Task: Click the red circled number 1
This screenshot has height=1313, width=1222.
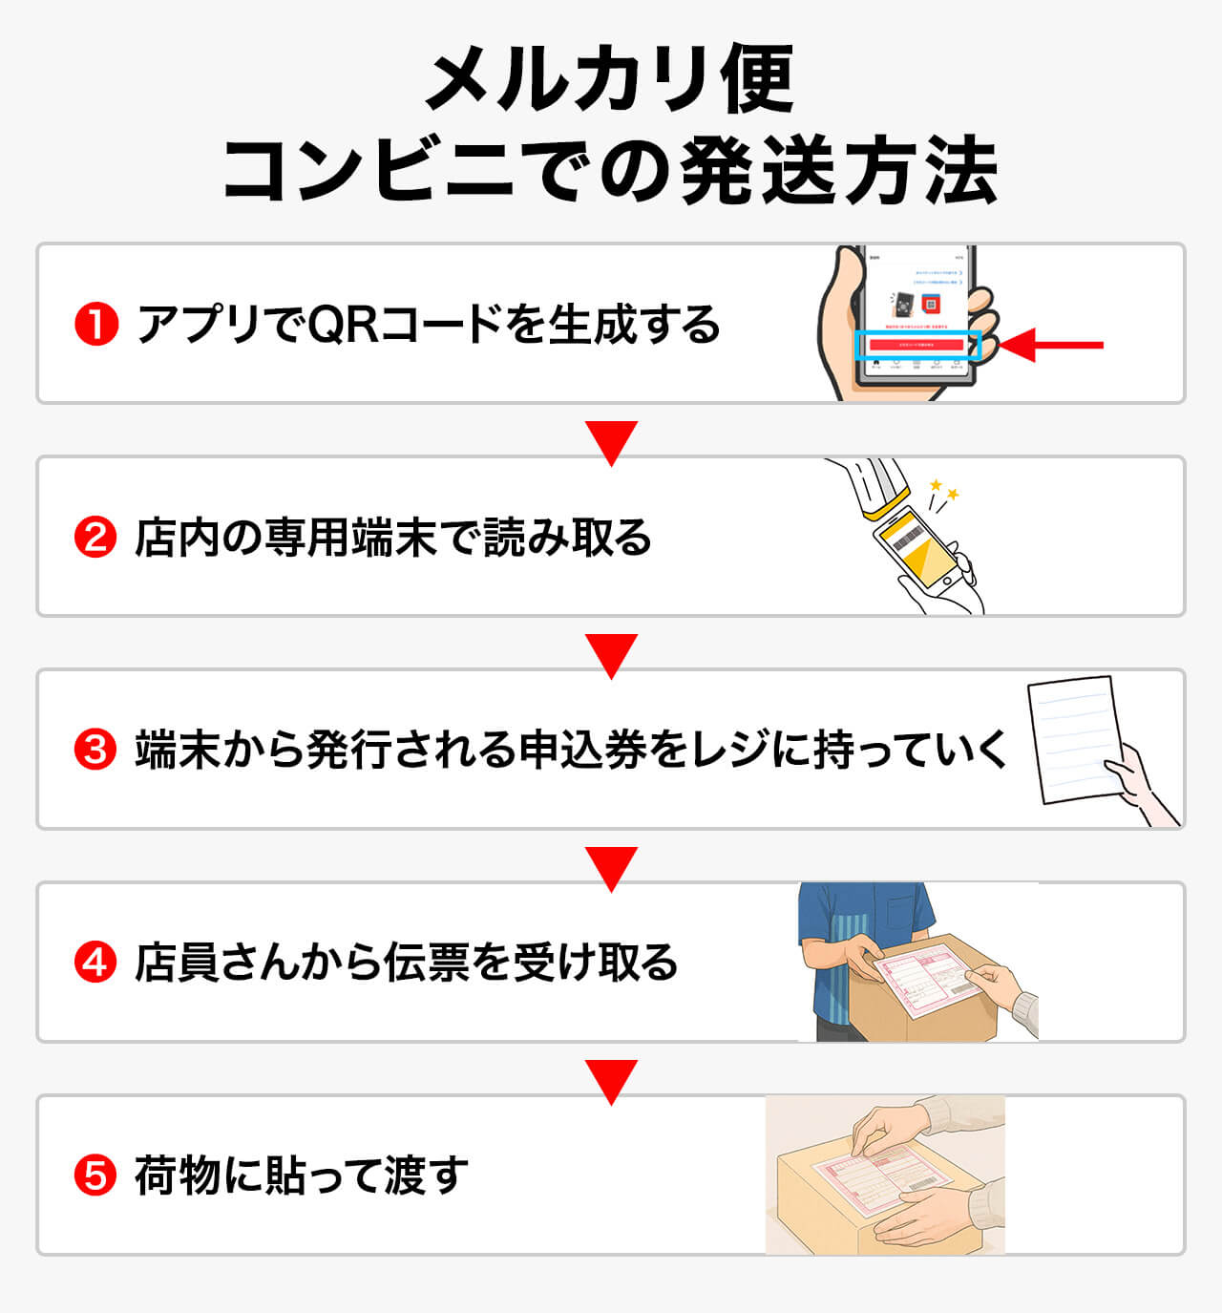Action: [95, 325]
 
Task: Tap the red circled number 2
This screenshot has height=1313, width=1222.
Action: [95, 538]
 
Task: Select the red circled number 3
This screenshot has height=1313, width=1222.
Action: [95, 751]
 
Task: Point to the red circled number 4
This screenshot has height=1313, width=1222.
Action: [95, 963]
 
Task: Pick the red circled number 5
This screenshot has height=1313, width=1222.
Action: [95, 1175]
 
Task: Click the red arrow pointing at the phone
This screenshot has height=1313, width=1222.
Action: [1050, 345]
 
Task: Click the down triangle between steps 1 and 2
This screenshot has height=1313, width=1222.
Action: [611, 442]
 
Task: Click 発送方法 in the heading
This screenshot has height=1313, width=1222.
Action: [840, 172]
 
